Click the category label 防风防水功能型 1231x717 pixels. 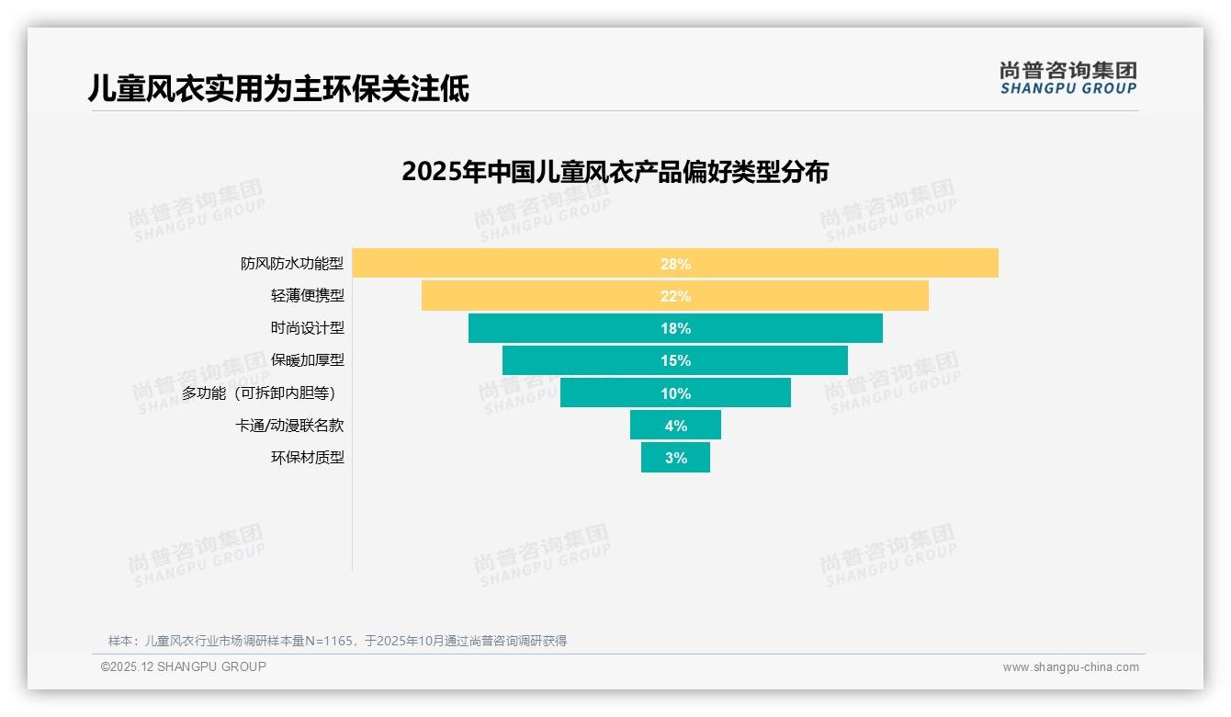[x=292, y=264]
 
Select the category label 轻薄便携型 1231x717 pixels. [x=307, y=296]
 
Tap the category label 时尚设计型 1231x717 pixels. [x=307, y=328]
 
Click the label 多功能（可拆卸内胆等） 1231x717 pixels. [x=262, y=393]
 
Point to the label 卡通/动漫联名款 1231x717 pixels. [x=289, y=426]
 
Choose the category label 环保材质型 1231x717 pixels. [x=307, y=458]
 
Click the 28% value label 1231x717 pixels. [x=675, y=264]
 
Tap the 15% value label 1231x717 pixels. [x=675, y=360]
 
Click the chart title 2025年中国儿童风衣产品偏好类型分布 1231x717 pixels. [x=615, y=172]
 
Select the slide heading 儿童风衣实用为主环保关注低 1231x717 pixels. [x=278, y=88]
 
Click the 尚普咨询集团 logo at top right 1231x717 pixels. [x=1067, y=78]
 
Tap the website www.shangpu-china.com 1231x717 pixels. [x=1070, y=667]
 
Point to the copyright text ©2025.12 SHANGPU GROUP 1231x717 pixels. [x=184, y=666]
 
